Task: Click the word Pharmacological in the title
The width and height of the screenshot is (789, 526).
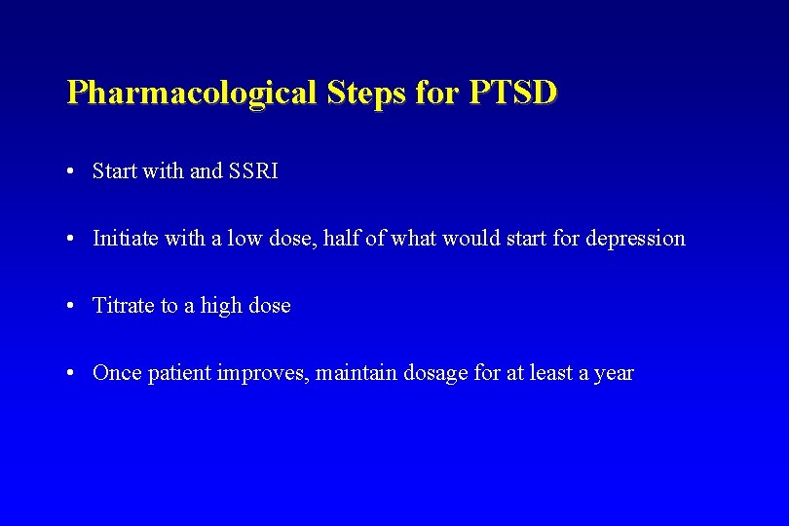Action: click(x=191, y=94)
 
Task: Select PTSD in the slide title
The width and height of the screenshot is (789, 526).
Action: click(x=513, y=93)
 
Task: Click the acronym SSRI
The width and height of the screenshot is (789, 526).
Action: click(x=253, y=171)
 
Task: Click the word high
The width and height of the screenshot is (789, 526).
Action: click(x=221, y=306)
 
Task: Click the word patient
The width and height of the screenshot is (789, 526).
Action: click(x=179, y=373)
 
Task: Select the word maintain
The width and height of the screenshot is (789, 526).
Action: click(x=357, y=373)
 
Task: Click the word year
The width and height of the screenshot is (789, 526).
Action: click(x=614, y=374)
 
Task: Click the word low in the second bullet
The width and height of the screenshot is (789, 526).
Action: click(x=243, y=238)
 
